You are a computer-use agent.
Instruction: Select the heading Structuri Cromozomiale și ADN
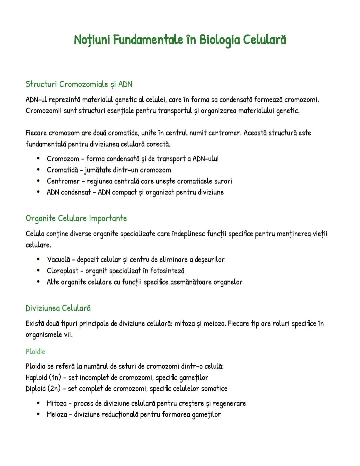point(79,84)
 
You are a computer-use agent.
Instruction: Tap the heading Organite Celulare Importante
point(76,218)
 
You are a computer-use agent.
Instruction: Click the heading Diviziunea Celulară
point(58,308)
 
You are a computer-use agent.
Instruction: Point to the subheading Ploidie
point(35,352)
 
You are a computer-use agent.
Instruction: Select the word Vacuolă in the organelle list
point(59,260)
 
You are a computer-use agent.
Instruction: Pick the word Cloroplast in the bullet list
point(63,271)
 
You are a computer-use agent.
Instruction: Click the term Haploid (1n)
point(43,378)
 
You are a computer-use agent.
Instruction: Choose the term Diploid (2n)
point(43,389)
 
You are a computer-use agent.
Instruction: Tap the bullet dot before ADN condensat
point(39,192)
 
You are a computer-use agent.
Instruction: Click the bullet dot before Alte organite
point(39,282)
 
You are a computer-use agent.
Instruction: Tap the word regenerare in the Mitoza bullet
point(229,404)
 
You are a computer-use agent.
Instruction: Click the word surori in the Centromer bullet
point(223,181)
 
